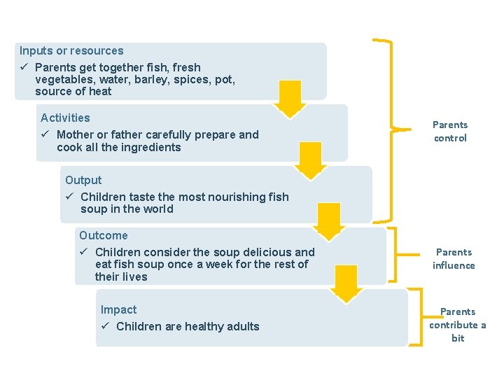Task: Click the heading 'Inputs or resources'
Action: tap(71, 51)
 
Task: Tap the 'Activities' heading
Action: tap(65, 118)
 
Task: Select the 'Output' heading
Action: tap(83, 180)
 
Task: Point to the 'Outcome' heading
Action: tap(103, 235)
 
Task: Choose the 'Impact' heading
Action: tap(118, 309)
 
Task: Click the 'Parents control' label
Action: tap(450, 132)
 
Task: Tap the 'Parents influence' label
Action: tap(454, 258)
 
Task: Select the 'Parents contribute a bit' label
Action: tap(458, 325)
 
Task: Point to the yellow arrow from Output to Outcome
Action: tap(328, 222)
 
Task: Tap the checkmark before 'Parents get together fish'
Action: tap(24, 67)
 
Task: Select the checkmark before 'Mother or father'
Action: tap(45, 134)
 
